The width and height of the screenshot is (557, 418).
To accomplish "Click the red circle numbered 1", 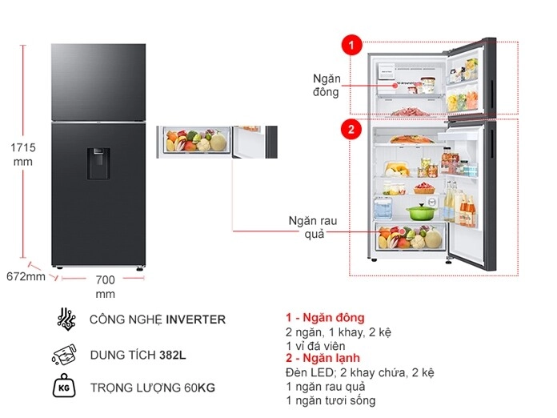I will pos(350,45).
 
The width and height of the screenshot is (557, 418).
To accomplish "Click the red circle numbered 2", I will pos(350,128).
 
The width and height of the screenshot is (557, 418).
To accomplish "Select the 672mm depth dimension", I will pos(25,277).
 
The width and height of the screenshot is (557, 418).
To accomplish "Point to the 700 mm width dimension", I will pos(105,287).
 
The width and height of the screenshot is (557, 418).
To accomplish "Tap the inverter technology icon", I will pos(66,320).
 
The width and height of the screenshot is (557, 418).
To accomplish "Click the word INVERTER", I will pos(195,320).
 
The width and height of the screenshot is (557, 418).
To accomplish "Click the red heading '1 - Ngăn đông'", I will pos(324,318).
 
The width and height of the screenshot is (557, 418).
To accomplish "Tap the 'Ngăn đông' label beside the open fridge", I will pos(326,85).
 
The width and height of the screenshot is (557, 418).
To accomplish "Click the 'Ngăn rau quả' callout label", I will pos(309,227).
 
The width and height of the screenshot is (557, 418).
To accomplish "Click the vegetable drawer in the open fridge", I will pos(409,238).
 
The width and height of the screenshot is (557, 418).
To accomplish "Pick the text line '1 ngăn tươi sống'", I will pos(330,400).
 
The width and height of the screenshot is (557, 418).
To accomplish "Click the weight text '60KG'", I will pos(200,388).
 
